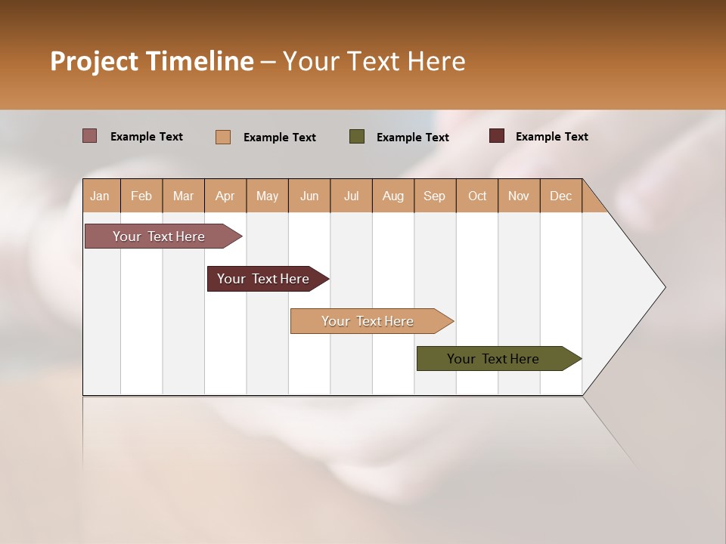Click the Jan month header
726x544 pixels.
point(101,196)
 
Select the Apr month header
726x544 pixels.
point(225,196)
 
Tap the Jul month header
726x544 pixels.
point(352,196)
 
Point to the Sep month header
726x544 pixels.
point(435,196)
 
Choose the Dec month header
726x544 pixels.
point(561,196)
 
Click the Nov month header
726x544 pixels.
point(519,196)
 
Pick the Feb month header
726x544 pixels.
point(141,196)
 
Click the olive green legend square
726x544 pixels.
point(357,137)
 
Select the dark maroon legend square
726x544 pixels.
point(497,136)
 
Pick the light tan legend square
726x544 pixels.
point(223,137)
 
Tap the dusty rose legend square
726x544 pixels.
point(90,136)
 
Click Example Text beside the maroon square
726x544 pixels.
point(551,137)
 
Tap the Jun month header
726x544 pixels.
point(309,196)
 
